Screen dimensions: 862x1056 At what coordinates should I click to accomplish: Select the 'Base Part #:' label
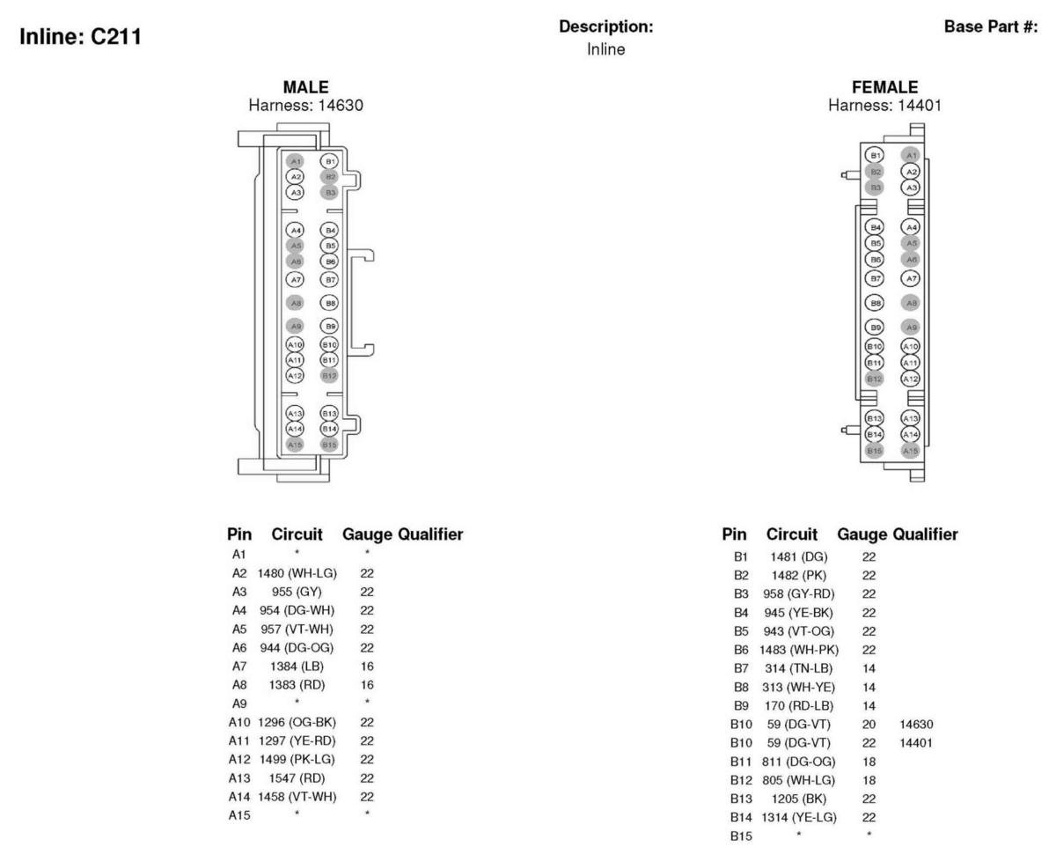pyautogui.click(x=997, y=27)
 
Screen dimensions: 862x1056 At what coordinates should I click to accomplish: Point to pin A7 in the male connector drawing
pyautogui.click(x=296, y=279)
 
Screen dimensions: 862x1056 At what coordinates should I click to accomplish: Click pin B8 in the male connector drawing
pyautogui.click(x=329, y=302)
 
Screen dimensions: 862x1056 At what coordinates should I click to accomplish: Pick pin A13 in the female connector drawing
pyautogui.click(x=912, y=418)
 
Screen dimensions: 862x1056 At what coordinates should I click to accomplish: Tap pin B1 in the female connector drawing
pyautogui.click(x=874, y=156)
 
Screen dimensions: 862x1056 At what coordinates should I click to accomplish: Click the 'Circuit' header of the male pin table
pyautogui.click(x=297, y=534)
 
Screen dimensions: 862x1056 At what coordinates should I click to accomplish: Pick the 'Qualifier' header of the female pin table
pyautogui.click(x=925, y=534)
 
